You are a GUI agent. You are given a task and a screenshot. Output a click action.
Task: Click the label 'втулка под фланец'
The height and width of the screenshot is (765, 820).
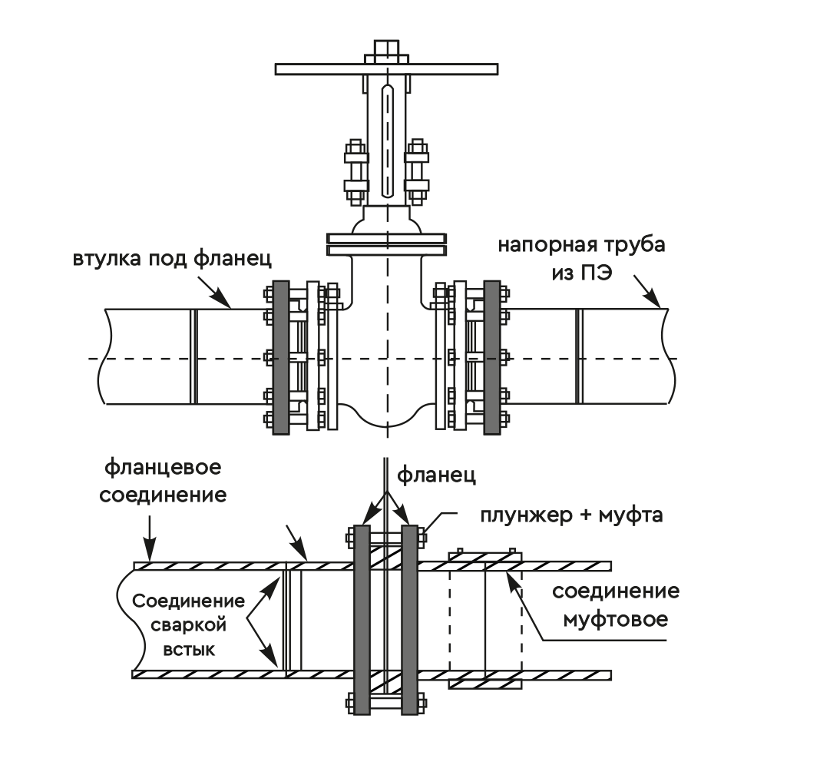pos(172,258)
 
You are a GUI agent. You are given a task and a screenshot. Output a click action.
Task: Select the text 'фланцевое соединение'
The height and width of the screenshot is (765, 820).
pos(164,480)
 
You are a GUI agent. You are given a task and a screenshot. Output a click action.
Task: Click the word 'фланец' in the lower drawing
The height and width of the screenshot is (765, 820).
pos(436,475)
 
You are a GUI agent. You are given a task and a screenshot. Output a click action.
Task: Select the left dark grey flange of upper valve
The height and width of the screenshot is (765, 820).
pos(280,357)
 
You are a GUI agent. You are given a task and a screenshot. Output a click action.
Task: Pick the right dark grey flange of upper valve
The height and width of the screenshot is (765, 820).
pos(492,357)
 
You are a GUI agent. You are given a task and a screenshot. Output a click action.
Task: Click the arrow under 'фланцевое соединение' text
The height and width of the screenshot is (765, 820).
pos(150,548)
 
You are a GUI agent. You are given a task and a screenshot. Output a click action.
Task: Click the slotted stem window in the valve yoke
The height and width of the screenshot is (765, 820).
pos(389,142)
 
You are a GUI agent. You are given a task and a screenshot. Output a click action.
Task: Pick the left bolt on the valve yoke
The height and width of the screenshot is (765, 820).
pos(355,168)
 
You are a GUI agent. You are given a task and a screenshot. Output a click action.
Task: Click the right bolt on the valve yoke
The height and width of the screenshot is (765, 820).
pos(418,168)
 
